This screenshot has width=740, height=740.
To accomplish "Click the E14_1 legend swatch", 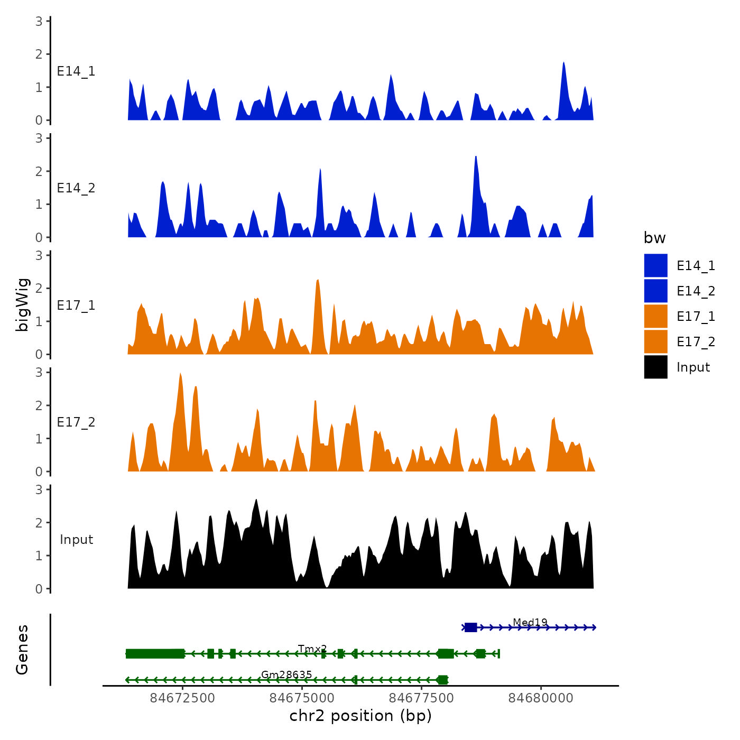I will pos(655,265).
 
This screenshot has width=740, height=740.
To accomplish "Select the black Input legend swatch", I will pos(655,367).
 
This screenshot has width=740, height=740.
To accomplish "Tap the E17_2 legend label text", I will pos(696,342).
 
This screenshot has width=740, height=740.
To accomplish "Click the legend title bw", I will pos(654,238).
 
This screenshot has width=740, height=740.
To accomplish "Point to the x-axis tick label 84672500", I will pos(182,698).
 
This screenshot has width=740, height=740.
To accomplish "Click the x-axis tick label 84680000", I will pos(541,698).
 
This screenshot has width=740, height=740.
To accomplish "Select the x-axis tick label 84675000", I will pos(302,698).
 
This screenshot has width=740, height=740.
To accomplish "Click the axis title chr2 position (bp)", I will pos(360,716).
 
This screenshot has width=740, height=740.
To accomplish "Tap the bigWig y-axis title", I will pos(22,305).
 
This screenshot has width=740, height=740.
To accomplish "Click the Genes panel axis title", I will pos(22,650).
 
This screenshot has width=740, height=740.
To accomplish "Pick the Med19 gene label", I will pos(530,622).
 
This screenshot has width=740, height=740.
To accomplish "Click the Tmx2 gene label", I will pos(312,649).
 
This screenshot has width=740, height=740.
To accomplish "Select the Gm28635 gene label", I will pos(286,674).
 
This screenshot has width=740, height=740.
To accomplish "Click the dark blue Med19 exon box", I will pos(471,627).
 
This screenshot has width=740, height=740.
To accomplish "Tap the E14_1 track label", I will pos(76,71).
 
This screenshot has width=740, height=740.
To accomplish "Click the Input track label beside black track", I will pos(76,540).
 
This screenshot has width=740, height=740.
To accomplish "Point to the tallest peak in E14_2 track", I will pos(476,157).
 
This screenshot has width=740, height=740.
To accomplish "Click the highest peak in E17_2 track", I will pos(180,374).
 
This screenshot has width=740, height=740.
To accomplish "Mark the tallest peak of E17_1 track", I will pos(318,280).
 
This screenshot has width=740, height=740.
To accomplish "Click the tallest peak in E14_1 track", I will pos(564,63).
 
